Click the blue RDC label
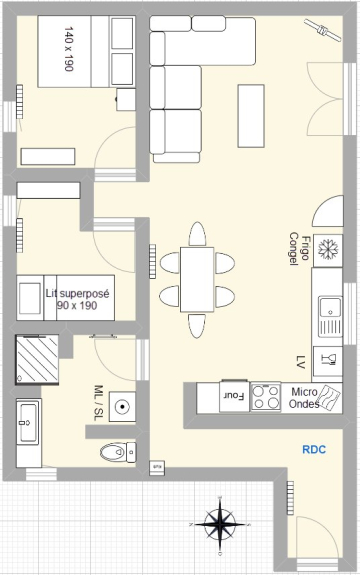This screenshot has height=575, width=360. [314, 449]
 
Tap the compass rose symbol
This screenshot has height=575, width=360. [220, 524]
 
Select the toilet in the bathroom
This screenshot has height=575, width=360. [118, 452]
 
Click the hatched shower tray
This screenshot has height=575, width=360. [37, 359]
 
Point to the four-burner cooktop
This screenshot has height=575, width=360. [266, 397]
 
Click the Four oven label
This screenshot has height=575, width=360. [234, 396]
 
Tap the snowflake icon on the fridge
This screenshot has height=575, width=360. [327, 249]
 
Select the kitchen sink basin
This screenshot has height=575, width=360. [330, 307]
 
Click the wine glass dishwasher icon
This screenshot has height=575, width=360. [328, 359]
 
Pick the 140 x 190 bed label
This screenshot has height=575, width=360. [69, 49]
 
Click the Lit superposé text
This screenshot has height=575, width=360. [78, 293]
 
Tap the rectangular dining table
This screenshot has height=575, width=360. [197, 279]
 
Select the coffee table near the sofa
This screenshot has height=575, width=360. [251, 116]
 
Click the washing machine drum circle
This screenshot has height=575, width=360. [122, 406]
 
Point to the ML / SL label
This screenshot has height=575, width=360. [99, 403]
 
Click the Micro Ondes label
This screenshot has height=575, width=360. [304, 398]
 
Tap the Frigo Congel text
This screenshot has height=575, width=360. [299, 249]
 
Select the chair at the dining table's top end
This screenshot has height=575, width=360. [197, 234]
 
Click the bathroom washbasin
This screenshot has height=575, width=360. [27, 422]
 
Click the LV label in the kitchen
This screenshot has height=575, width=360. [301, 362]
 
